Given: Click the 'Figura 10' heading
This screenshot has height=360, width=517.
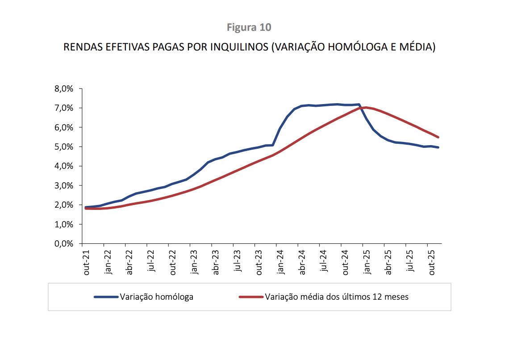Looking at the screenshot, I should click(x=249, y=27).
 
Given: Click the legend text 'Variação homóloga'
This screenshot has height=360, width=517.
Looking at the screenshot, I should click(x=156, y=297).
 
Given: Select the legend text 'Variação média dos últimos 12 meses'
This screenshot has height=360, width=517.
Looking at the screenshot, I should click(x=337, y=297).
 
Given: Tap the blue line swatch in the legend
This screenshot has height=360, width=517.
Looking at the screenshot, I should click(x=106, y=297).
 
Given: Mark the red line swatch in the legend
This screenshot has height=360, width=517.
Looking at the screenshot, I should click(x=251, y=297).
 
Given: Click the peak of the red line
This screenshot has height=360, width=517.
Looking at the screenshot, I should click(x=366, y=107).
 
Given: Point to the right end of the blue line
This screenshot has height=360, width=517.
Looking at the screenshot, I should click(x=438, y=147).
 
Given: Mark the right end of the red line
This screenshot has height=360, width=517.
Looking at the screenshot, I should click(x=438, y=137).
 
